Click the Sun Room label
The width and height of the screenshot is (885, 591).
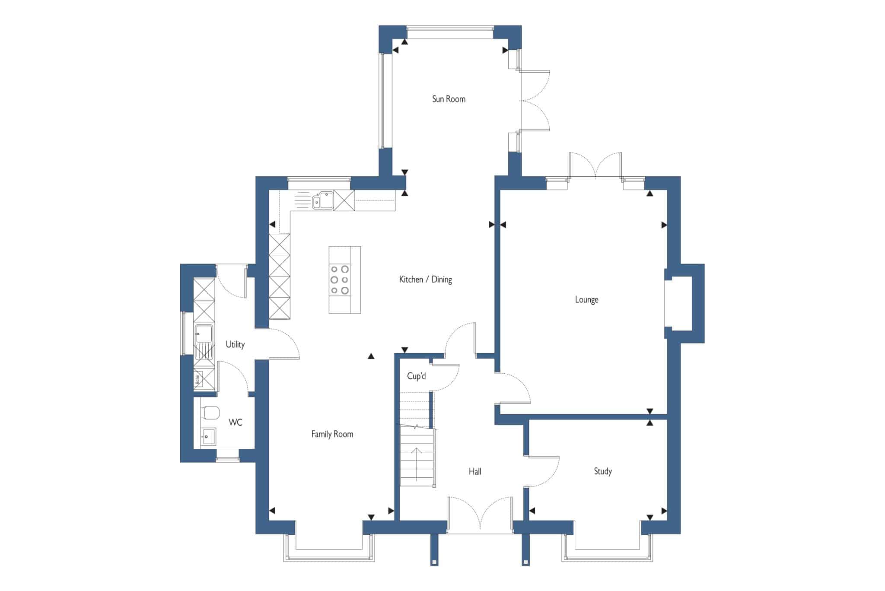click(449, 99)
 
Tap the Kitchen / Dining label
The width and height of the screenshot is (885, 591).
click(425, 280)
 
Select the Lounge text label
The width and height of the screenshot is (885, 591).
click(586, 299)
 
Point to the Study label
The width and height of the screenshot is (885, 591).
click(602, 471)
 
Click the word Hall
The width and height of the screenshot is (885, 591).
click(474, 471)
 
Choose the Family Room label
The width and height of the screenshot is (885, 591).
click(332, 434)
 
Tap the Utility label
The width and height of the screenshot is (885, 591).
click(235, 344)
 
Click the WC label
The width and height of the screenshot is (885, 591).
click(235, 423)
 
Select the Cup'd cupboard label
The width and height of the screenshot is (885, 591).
click(416, 376)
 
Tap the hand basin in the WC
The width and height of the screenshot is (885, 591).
click(208, 437)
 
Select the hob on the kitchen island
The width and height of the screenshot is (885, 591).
click(339, 280)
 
